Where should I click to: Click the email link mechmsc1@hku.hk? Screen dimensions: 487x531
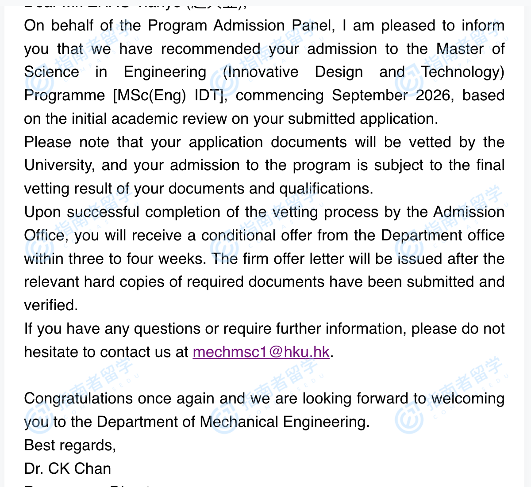coord(261,352)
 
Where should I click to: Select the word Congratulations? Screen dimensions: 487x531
coord(78,399)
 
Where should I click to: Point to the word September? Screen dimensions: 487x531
coord(369,95)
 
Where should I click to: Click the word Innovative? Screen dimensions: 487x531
coord(261,72)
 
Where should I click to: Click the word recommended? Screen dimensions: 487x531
coord(210,49)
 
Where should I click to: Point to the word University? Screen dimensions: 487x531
coord(59,165)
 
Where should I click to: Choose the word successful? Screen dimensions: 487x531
coord(103,212)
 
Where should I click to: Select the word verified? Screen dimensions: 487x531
coord(50,305)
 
